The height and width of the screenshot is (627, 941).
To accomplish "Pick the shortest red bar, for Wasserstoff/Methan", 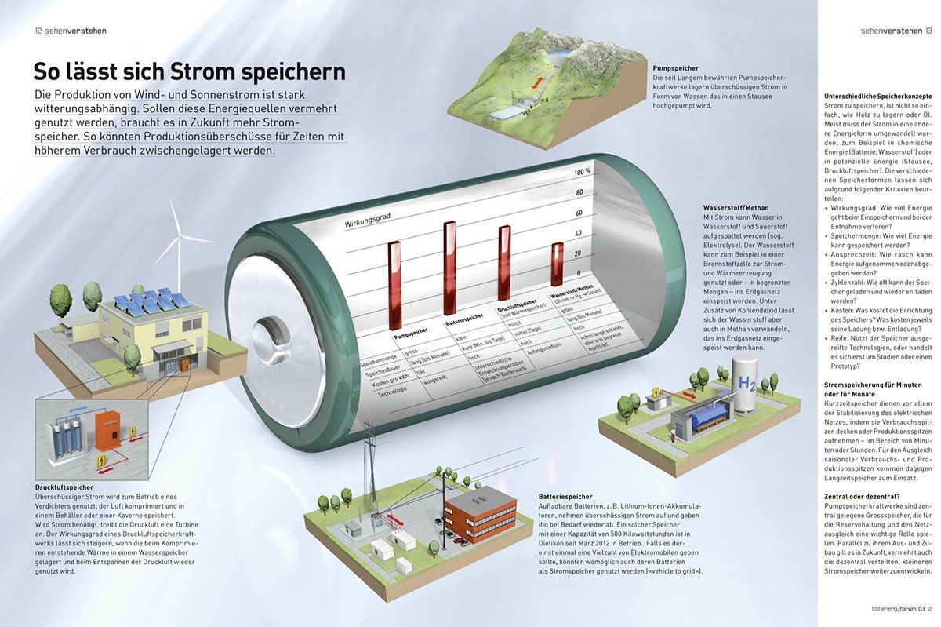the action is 557,264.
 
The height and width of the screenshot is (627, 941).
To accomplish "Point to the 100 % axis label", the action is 583,172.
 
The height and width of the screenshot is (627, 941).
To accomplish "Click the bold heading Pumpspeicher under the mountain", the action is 675,68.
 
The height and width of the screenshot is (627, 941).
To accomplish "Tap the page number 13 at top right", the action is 928,31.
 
